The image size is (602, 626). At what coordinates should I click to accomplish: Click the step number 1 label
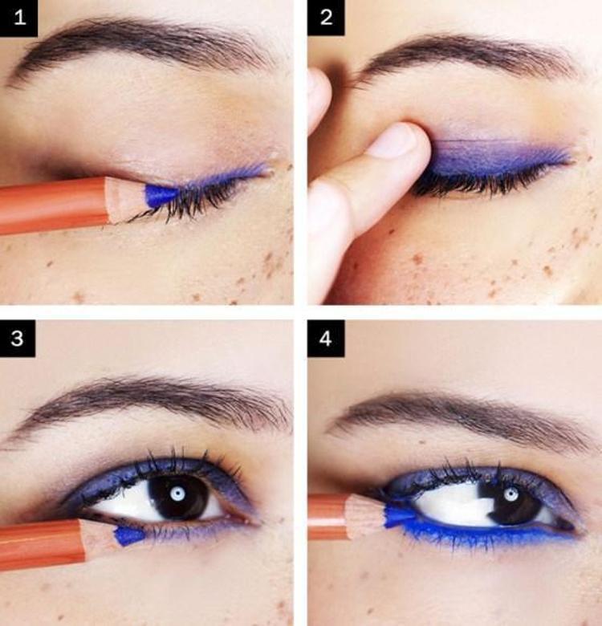pyautogui.click(x=18, y=18)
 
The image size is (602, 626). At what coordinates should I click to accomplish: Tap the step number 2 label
pyautogui.click(x=326, y=18)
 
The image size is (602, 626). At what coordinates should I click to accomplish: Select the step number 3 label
pyautogui.click(x=18, y=338)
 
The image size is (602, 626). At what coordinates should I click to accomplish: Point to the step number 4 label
pyautogui.click(x=325, y=339)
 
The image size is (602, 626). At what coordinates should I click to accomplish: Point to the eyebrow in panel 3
pyautogui.click(x=152, y=403)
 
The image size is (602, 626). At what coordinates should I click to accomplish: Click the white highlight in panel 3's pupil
pyautogui.click(x=177, y=494)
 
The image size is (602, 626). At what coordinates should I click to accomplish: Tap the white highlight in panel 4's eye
pyautogui.click(x=510, y=494)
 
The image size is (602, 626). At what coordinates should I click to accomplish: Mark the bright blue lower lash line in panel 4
pyautogui.click(x=487, y=532)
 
